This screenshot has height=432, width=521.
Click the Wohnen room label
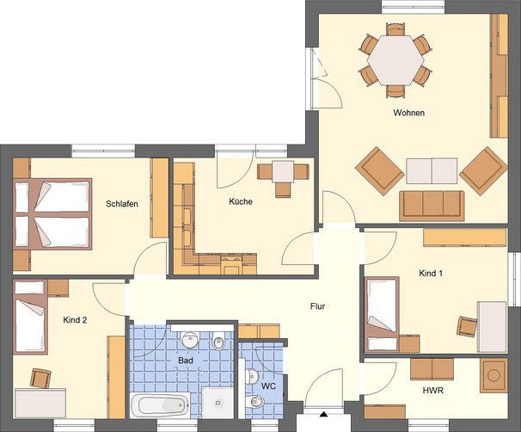pos(408,113)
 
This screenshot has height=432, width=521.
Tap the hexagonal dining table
pos(395,60)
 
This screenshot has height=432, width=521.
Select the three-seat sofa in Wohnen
pos(432,206)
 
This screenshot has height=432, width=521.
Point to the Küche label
pos(241,201)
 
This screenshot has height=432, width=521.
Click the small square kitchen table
pos(283,171)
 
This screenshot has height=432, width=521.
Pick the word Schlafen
pos(122,204)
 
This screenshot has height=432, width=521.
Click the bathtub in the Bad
pos(160,405)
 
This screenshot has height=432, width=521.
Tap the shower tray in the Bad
pos(218,403)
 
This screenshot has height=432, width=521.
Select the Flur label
pos(317,306)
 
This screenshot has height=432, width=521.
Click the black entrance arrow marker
pos(323,415)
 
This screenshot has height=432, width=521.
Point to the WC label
pos(268,386)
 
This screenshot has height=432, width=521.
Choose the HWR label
pos(433,391)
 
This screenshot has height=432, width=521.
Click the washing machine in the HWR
pos(493,375)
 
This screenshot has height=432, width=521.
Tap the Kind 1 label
pos(431,274)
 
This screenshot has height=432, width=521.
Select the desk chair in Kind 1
pos(467,326)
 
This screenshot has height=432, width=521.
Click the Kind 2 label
pos(75,320)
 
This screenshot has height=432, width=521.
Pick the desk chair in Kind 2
pos(40,378)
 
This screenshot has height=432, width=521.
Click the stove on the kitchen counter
pos(231,263)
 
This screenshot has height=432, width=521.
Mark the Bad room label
pos(186,361)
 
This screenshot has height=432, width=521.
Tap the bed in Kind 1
pos(382,315)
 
